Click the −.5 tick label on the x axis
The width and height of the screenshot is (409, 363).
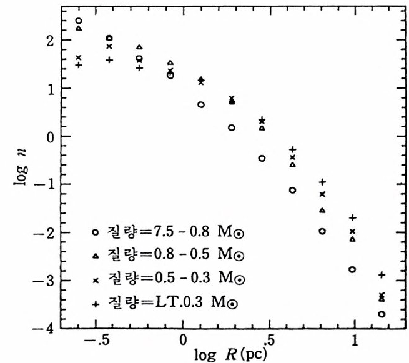point(96,341)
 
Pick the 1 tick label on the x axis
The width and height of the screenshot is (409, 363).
point(355,341)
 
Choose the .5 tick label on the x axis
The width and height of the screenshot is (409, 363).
point(268,341)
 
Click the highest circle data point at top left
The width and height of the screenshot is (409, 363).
point(78,21)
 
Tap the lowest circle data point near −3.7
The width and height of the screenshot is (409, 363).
point(382,314)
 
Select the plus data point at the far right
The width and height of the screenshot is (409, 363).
point(382,275)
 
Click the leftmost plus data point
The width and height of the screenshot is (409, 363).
point(78,65)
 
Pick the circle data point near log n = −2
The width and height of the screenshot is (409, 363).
point(322,231)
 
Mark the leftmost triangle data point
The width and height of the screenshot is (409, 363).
point(79,28)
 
